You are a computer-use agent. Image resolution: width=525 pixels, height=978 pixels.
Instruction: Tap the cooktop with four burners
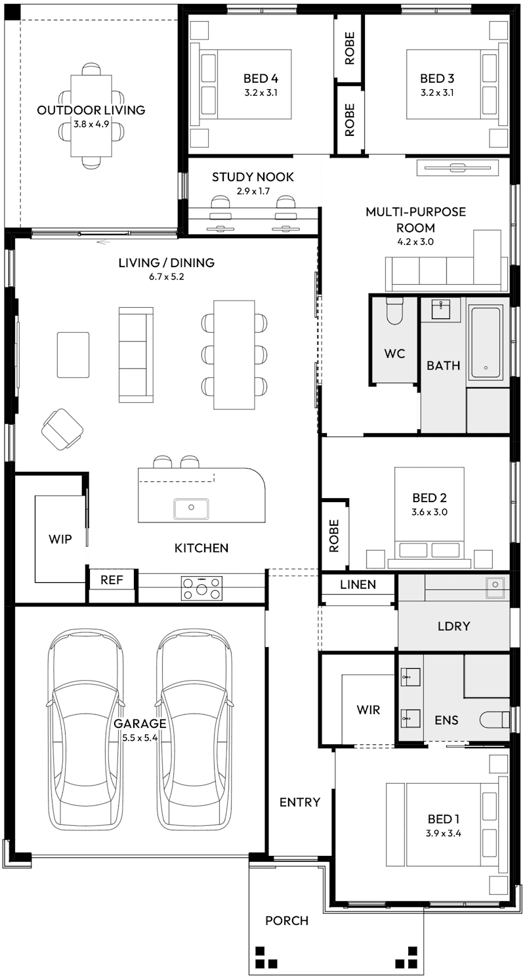click(x=201, y=587)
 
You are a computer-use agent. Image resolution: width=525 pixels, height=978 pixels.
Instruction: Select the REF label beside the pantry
click(x=112, y=580)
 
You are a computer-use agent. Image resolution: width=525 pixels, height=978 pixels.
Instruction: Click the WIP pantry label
click(x=60, y=539)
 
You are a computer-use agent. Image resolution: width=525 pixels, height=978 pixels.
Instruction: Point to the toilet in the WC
click(x=394, y=311)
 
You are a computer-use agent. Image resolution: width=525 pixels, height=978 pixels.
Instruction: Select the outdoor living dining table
click(x=92, y=116)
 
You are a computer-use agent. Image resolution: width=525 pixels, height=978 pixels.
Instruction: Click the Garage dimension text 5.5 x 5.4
click(x=140, y=738)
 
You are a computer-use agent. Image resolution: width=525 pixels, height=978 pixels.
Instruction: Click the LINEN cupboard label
click(x=358, y=584)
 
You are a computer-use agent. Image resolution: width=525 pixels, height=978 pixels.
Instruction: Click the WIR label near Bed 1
click(x=368, y=710)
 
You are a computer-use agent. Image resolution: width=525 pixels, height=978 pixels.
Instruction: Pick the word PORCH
click(x=287, y=921)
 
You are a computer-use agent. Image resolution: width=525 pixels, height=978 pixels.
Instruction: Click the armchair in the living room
click(x=62, y=429)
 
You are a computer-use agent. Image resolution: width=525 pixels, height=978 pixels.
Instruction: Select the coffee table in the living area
click(x=73, y=354)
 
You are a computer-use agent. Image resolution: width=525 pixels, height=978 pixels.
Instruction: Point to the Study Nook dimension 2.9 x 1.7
click(x=253, y=192)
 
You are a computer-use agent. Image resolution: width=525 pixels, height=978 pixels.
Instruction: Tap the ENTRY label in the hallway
click(x=300, y=802)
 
